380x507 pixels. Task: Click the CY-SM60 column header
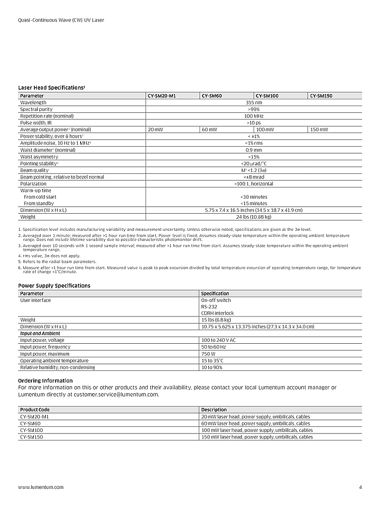coord(212,96)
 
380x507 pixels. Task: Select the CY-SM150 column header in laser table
coord(321,96)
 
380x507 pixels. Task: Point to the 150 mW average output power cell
coord(319,130)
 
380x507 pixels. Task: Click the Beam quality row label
coord(34,170)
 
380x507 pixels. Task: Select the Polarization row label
coord(33,184)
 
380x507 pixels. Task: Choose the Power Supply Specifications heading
coord(54,286)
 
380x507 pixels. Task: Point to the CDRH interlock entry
coord(217,313)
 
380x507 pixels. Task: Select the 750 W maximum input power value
coord(208,354)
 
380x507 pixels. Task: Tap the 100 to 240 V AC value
coord(218,340)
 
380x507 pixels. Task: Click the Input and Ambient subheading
coord(40,334)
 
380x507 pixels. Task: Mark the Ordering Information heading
coord(45,381)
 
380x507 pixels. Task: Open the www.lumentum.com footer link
coord(41,487)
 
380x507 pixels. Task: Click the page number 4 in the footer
coord(360,487)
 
